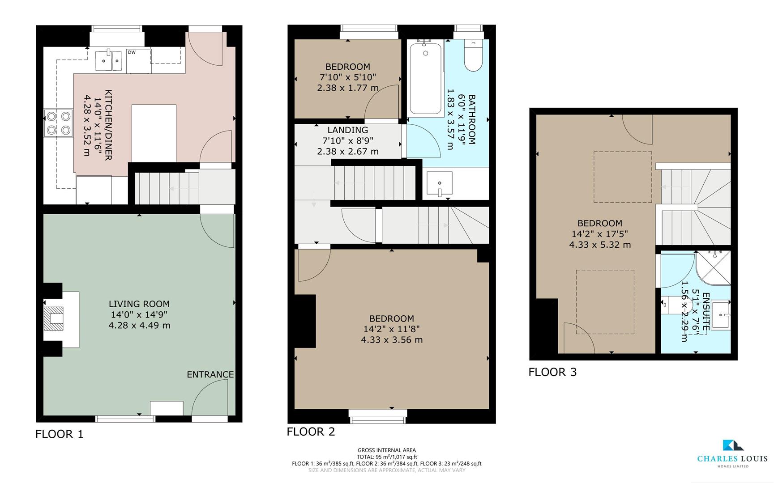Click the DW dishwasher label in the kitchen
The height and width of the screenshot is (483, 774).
tap(132, 52)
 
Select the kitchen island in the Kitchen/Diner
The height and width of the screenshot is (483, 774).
tap(154, 133)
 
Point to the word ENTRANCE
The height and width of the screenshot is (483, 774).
tap(210, 374)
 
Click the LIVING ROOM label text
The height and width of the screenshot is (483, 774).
tap(139, 304)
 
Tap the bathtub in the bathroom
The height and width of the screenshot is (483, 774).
tap(426, 78)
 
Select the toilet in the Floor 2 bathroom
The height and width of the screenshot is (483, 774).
tap(473, 56)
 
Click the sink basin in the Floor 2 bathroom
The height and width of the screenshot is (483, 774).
tap(439, 184)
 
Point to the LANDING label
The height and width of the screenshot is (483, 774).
tap(347, 130)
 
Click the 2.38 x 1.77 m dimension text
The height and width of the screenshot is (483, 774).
tap(348, 88)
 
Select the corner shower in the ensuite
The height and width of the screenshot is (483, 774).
tap(714, 267)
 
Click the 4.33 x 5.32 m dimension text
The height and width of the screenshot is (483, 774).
tap(600, 245)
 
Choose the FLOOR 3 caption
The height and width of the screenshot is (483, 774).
tap(552, 372)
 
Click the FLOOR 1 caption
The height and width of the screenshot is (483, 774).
tap(60, 434)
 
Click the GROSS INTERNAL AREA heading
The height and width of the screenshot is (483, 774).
tap(386, 450)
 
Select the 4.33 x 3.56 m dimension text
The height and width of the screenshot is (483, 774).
tap(392, 340)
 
